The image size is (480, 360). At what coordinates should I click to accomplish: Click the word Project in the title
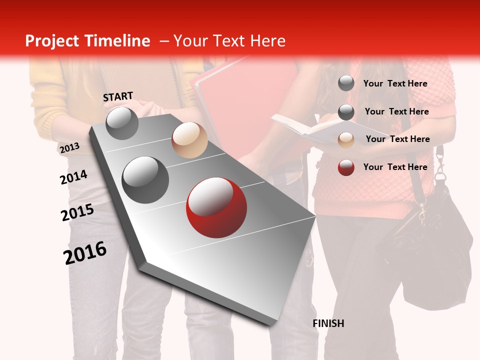(x=53, y=41)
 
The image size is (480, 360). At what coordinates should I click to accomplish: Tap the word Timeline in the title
(x=117, y=41)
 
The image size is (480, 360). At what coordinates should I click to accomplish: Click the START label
(x=118, y=96)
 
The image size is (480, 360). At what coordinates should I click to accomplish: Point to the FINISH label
(x=328, y=323)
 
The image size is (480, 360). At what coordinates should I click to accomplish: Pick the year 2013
(x=69, y=148)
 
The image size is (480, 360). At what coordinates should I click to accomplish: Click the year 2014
(x=73, y=177)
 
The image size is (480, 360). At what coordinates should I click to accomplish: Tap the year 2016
(x=85, y=252)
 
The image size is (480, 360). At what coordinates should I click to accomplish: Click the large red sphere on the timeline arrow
(x=216, y=207)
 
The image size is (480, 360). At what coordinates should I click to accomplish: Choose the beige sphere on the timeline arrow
(x=189, y=140)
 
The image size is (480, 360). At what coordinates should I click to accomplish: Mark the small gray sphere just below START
(x=122, y=123)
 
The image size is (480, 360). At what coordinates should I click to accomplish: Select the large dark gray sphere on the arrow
(x=145, y=179)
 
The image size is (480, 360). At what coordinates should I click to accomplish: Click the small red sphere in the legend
(x=346, y=167)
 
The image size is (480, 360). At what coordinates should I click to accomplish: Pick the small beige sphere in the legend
(x=346, y=140)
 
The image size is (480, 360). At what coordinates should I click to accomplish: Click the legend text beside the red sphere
(x=395, y=167)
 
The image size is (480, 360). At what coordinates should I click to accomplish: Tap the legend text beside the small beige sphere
(x=397, y=139)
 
